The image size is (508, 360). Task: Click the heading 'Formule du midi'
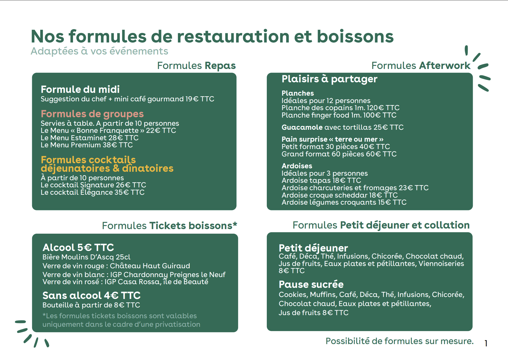(x=80, y=89)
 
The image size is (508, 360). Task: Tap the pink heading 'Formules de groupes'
(x=92, y=114)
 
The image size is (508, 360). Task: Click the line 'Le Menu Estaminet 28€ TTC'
(x=89, y=138)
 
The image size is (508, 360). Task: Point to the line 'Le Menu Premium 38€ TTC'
(x=87, y=145)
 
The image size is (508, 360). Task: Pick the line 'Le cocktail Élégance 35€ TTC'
(x=93, y=192)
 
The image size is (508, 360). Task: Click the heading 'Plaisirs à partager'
(x=329, y=79)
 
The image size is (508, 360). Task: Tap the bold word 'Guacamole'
(x=302, y=127)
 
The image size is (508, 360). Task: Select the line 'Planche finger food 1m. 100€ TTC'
(x=339, y=115)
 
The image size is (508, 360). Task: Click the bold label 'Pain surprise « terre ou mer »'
(x=332, y=139)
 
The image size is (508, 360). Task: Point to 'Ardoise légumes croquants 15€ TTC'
(x=344, y=202)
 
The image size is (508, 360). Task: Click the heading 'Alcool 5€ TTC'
(x=78, y=248)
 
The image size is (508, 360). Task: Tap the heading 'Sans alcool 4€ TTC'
(x=91, y=296)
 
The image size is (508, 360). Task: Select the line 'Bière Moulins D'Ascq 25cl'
(x=86, y=257)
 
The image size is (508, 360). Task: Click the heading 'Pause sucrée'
(x=311, y=284)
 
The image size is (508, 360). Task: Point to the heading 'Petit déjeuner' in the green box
(x=313, y=248)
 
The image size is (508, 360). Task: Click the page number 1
(x=486, y=344)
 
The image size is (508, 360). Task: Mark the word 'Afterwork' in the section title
(x=445, y=66)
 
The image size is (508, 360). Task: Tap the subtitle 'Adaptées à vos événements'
(x=99, y=51)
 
